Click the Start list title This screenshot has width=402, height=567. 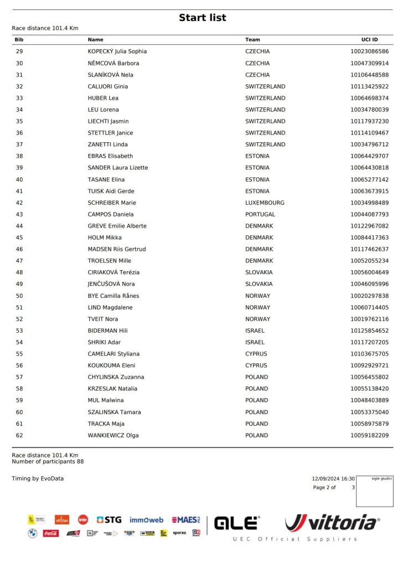[x=202, y=18]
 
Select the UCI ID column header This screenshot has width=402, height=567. [x=369, y=40]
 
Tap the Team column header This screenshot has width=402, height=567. [x=252, y=40]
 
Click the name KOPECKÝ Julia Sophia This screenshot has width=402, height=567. [x=117, y=51]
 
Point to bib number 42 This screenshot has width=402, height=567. [x=19, y=203]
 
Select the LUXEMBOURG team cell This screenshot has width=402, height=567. [x=265, y=203]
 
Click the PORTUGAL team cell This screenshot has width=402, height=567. [x=260, y=214]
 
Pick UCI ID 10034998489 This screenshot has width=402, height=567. [x=369, y=203]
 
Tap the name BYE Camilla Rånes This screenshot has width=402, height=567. [x=114, y=296]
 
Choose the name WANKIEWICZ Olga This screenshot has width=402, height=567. [x=113, y=435]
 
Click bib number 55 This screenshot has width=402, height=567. [x=19, y=354]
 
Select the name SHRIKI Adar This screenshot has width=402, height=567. [x=104, y=342]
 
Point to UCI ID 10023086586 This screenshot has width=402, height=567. [x=369, y=51]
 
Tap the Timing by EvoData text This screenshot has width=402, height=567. [x=38, y=478]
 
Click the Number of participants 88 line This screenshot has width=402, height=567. [x=48, y=461]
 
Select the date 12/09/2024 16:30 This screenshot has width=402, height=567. [x=333, y=478]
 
